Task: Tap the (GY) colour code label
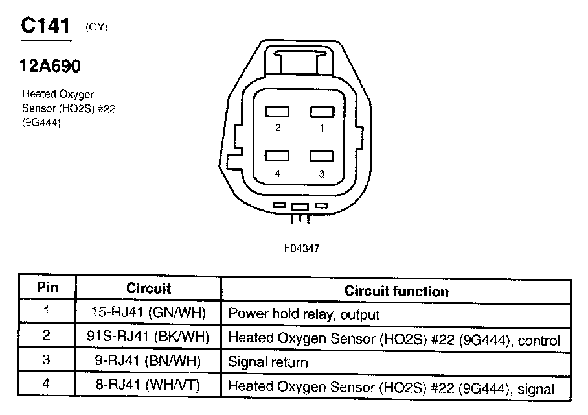(96, 27)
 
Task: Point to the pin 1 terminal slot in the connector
(321, 112)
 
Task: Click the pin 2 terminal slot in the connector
(277, 112)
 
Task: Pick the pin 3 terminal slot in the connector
(321, 156)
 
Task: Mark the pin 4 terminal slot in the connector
(277, 156)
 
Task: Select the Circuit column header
(148, 288)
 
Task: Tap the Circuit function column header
(396, 290)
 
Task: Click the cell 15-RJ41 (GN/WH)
(148, 313)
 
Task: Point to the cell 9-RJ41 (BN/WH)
(148, 362)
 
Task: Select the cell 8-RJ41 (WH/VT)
(148, 386)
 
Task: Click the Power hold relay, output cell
(304, 314)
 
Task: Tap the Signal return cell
(268, 362)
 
